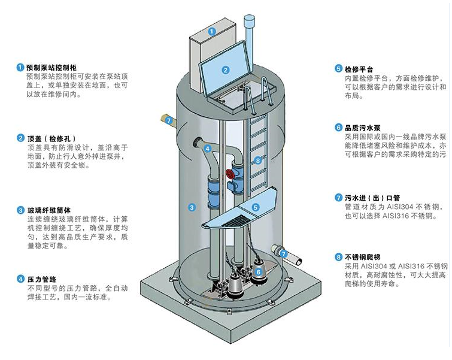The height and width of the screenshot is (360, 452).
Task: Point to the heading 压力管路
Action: click(41, 279)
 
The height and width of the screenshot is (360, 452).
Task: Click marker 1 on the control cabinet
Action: click(211, 31)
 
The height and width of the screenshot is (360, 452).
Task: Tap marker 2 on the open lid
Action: click(226, 69)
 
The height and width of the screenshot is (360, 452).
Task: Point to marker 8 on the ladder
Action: click(257, 161)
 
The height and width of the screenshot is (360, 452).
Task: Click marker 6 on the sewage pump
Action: click(259, 271)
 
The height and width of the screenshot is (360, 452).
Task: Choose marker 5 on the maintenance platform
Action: click(254, 207)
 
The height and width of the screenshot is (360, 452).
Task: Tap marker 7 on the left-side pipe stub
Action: click(169, 120)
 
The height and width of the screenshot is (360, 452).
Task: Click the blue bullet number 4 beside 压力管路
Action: click(20, 279)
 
